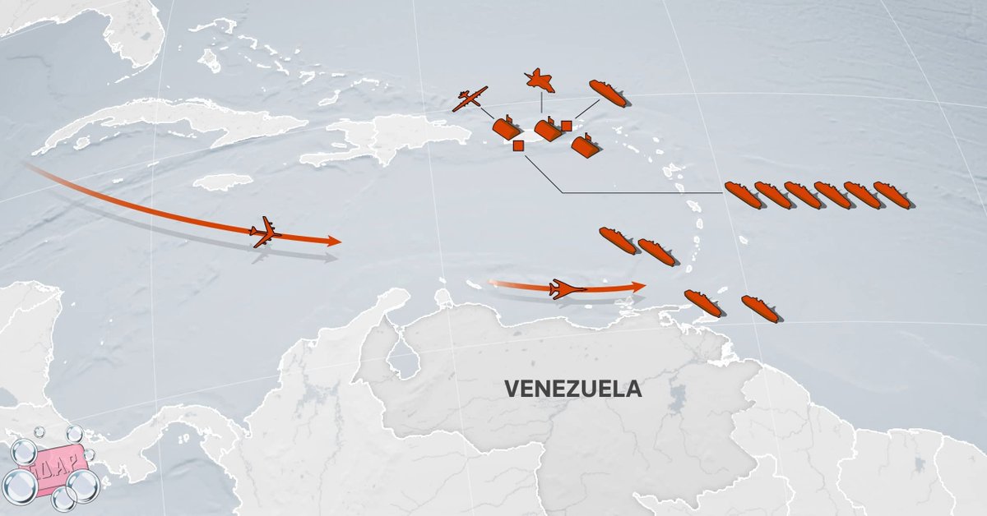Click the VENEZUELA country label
tap(572, 388)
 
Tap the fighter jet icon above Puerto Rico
tap(540, 81)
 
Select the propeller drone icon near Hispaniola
tap(470, 99)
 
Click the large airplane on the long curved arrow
tap(265, 232)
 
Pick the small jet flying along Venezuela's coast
tap(568, 289)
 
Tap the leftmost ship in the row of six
tap(743, 196)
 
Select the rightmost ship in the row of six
tap(892, 196)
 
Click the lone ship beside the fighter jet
tap(608, 93)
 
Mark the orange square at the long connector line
tap(518, 146)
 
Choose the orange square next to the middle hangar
tap(566, 126)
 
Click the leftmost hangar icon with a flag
tap(505, 129)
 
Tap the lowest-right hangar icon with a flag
tap(585, 145)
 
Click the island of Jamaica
tap(223, 182)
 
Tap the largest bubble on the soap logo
tap(83, 486)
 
